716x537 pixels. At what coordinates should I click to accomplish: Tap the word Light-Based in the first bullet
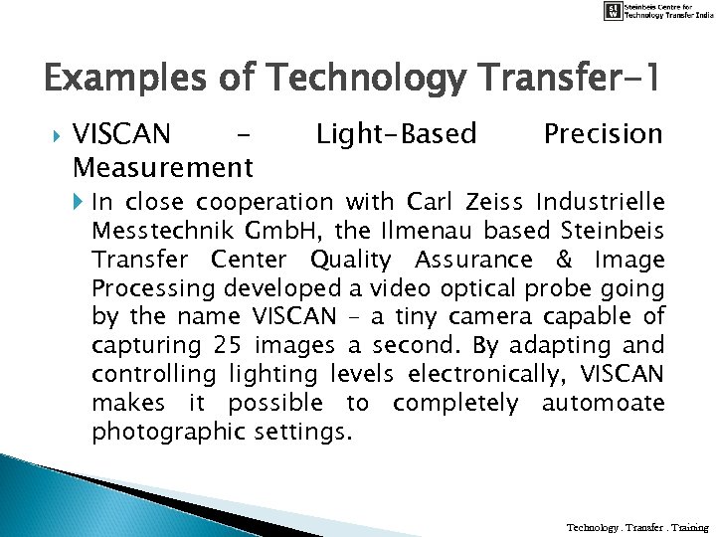pyautogui.click(x=396, y=133)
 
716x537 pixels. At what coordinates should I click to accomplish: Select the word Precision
pyautogui.click(x=603, y=133)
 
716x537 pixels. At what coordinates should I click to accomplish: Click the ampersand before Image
pyautogui.click(x=564, y=261)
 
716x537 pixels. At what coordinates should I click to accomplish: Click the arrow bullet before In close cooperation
pyautogui.click(x=81, y=203)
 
